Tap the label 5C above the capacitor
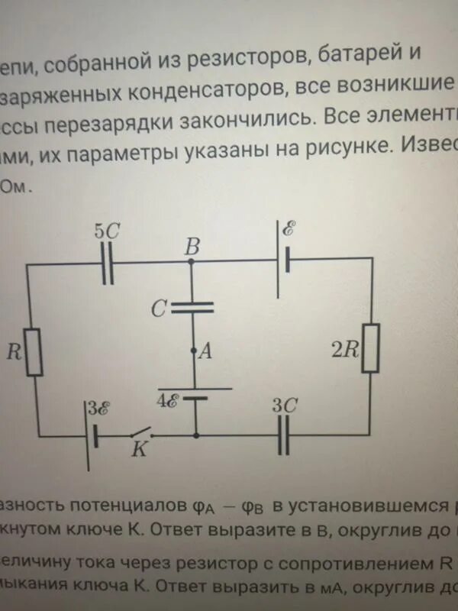pyautogui.click(x=106, y=231)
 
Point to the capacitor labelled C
pyautogui.click(x=192, y=308)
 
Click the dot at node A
pyautogui.click(x=194, y=352)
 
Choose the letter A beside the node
pyautogui.click(x=205, y=351)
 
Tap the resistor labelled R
pyautogui.click(x=34, y=351)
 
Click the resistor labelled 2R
pyautogui.click(x=371, y=348)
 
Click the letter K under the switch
pyautogui.click(x=140, y=451)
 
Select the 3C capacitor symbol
pyautogui.click(x=283, y=437)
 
